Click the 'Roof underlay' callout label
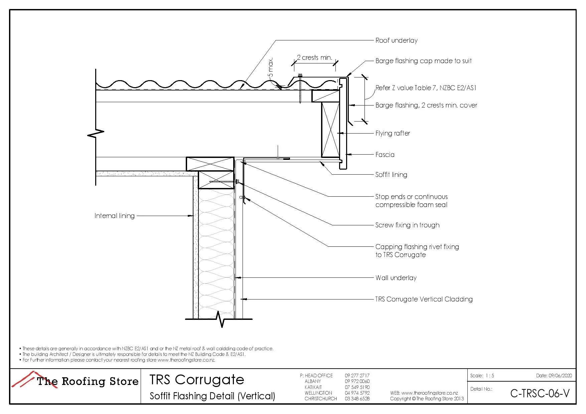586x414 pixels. [x=396, y=41]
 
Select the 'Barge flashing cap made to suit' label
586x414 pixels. [x=423, y=61]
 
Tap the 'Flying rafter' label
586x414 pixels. [x=393, y=134]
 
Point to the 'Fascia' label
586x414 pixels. [x=385, y=155]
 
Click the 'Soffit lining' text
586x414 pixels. [x=391, y=175]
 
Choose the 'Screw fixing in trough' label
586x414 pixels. [x=407, y=225]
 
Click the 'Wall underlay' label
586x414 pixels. [x=396, y=278]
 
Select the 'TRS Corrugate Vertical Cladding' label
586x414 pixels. [x=424, y=299]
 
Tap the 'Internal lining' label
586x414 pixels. [x=114, y=216]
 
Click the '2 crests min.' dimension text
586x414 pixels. [x=314, y=58]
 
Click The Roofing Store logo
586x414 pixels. [x=76, y=381]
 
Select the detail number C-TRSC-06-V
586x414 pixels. [x=540, y=394]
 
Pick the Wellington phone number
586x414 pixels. [x=357, y=393]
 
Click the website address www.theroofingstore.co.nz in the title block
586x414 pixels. [x=429, y=393]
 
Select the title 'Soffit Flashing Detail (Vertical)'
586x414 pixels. [x=212, y=396]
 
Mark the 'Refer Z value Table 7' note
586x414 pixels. [x=426, y=88]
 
